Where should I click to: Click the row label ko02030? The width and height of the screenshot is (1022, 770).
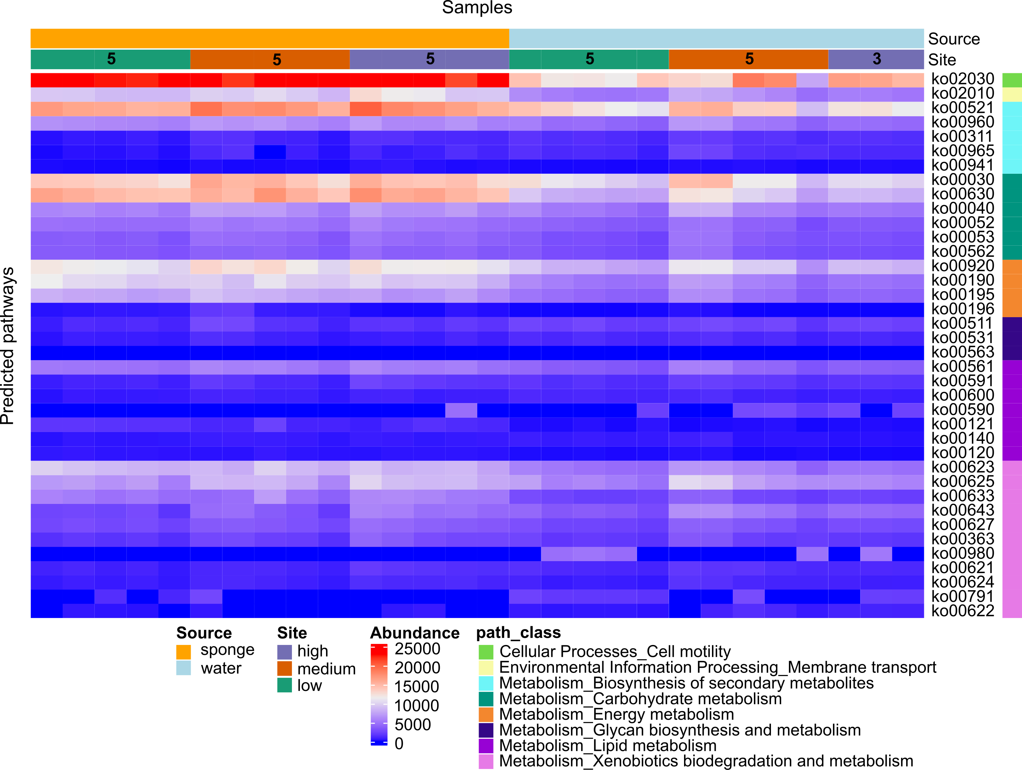[962, 79]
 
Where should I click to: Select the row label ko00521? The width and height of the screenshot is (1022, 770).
[962, 108]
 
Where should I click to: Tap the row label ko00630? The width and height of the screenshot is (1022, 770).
[962, 194]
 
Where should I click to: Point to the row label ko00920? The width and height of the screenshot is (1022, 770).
[962, 266]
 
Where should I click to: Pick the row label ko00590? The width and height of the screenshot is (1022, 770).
[962, 410]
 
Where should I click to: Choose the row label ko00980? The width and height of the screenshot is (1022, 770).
[962, 553]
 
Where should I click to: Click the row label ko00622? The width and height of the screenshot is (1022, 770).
[962, 611]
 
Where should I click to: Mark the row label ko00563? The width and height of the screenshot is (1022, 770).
[962, 352]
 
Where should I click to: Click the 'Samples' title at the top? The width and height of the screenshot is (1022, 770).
[477, 7]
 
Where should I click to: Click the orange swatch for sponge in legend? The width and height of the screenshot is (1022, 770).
[183, 652]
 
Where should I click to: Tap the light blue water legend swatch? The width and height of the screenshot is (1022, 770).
[183, 668]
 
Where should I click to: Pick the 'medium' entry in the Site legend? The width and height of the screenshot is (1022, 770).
[326, 669]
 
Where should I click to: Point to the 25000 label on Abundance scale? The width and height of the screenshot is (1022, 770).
[417, 649]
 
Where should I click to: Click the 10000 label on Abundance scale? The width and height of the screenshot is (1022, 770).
[416, 706]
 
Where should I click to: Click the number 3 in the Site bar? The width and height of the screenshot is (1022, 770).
[877, 59]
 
